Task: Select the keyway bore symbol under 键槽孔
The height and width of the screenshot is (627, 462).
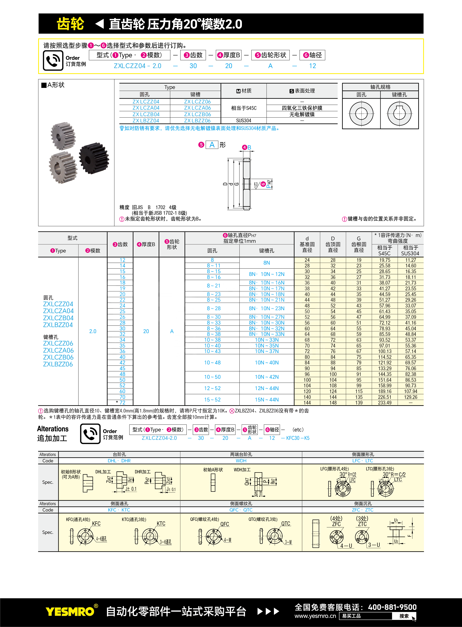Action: click(x=399, y=114)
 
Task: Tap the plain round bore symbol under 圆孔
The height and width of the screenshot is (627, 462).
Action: click(x=361, y=114)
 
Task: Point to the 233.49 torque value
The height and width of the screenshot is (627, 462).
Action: click(x=385, y=403)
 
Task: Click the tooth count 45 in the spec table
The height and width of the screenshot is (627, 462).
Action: click(x=123, y=368)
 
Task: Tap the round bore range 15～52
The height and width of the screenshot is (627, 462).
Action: click(x=212, y=400)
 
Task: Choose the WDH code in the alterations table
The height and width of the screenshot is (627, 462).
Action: click(x=241, y=461)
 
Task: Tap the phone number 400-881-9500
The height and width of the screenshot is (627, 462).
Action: click(x=392, y=607)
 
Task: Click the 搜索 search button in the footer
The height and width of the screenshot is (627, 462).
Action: click(x=404, y=616)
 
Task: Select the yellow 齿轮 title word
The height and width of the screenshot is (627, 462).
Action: click(x=70, y=24)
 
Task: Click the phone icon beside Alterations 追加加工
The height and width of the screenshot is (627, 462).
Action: click(x=90, y=434)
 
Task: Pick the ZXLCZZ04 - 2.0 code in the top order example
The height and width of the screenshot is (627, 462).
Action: click(x=137, y=66)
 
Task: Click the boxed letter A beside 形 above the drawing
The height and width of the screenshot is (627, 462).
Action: click(x=212, y=145)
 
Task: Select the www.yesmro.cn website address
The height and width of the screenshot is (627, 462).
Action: click(x=315, y=616)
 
